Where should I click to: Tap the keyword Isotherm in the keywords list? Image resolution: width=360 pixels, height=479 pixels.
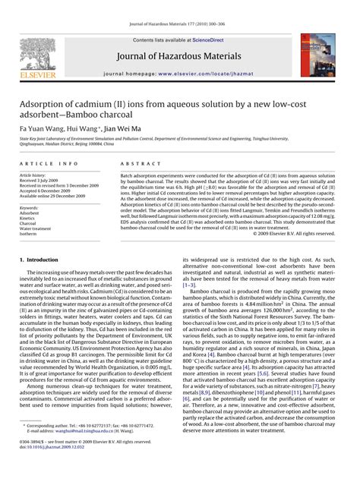tap(28, 235)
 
